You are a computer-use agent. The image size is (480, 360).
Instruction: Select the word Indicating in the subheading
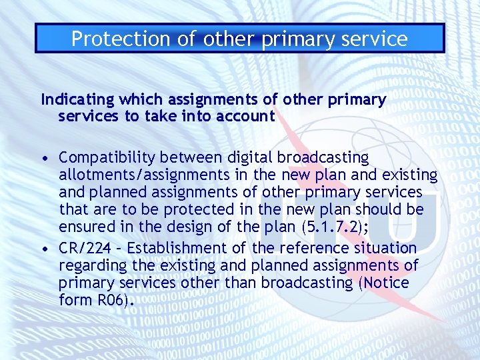click(x=77, y=100)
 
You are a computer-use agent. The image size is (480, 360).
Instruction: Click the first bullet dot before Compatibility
click(x=44, y=159)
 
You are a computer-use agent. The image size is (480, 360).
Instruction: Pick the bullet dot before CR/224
click(x=44, y=249)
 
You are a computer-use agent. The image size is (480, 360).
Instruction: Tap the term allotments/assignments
click(x=151, y=175)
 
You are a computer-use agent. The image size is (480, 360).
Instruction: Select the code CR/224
click(x=83, y=248)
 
